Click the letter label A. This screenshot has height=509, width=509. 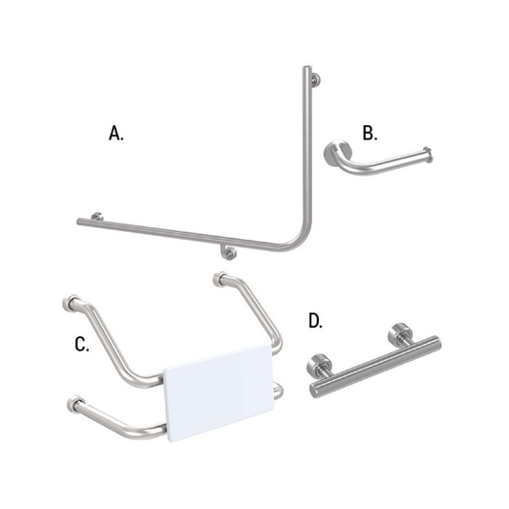click(x=117, y=134)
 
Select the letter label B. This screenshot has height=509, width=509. click(x=370, y=132)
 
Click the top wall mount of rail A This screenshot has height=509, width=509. click(x=317, y=79)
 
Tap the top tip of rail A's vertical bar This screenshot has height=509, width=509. click(x=307, y=70)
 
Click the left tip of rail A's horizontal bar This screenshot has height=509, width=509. click(x=79, y=223)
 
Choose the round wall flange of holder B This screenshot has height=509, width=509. click(x=338, y=153)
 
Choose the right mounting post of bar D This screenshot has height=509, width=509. click(x=393, y=336)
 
